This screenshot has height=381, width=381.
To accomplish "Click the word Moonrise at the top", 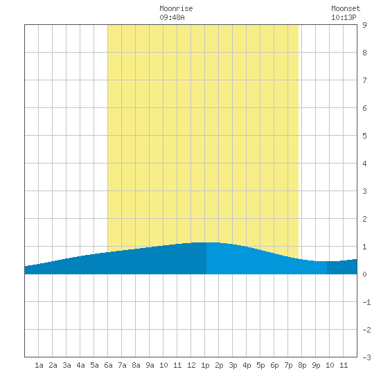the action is (176, 8).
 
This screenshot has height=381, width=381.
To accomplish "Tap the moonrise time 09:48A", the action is (172, 17).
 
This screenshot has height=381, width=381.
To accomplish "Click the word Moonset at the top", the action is (346, 8).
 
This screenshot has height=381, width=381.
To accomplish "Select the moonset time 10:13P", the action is (344, 17).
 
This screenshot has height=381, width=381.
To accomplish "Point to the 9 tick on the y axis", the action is (364, 25).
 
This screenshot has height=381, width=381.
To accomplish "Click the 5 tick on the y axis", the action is (364, 136).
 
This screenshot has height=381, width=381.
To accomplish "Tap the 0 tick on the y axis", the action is (364, 274).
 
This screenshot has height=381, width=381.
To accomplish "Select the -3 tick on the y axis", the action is (366, 357).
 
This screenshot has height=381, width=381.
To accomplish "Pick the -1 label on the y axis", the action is (366, 302).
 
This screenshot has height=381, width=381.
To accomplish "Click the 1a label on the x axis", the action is (39, 365).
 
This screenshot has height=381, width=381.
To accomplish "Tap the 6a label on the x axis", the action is (108, 365).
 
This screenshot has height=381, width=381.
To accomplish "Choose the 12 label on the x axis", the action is (191, 365).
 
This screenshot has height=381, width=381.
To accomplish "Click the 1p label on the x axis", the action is (205, 365).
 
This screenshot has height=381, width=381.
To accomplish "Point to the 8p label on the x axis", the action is (302, 365).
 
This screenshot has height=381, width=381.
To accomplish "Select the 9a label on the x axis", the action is (150, 365).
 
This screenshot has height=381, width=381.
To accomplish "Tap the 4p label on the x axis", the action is (247, 365).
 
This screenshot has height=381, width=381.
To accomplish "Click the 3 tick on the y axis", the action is (364, 191).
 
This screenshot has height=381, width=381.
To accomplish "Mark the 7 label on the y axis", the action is (364, 80).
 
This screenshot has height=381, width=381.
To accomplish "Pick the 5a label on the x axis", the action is (94, 365).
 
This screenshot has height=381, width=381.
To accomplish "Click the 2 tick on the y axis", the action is (364, 219).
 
